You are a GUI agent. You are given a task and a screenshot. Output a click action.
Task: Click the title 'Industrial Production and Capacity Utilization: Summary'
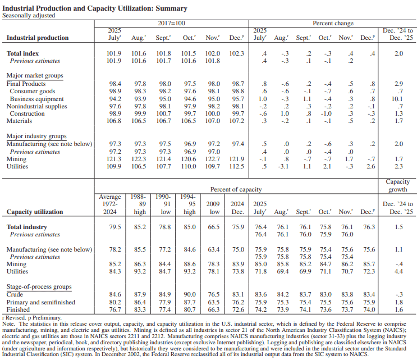(x=95, y=8)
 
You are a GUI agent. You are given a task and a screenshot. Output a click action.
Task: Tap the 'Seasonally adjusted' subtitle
(x=29, y=16)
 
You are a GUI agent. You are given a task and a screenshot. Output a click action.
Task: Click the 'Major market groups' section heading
(x=35, y=75)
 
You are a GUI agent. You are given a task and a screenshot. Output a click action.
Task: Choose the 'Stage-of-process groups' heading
(x=39, y=286)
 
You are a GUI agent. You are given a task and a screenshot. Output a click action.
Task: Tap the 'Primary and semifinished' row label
(x=41, y=302)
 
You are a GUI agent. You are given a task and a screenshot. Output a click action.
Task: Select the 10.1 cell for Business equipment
(x=399, y=98)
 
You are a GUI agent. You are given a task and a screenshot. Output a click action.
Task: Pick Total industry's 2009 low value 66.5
(x=214, y=227)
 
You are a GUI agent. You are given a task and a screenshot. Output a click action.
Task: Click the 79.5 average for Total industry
(x=115, y=227)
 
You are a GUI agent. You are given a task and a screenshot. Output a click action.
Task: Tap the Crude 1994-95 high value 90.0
(x=190, y=294)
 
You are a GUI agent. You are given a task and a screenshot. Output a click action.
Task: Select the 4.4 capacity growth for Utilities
(x=399, y=271)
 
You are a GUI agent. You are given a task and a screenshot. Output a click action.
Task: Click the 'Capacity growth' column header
(x=398, y=185)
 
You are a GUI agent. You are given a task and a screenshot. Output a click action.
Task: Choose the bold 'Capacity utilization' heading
(x=34, y=212)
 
